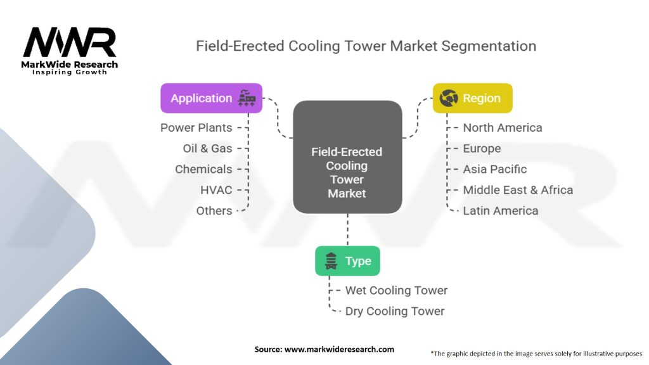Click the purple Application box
tap(212, 98)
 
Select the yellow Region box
tap(473, 98)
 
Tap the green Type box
tap(348, 260)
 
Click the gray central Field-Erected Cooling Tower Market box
tap(348, 157)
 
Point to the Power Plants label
tap(196, 128)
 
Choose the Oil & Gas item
tap(208, 148)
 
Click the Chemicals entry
tap(203, 169)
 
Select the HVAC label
tap(217, 190)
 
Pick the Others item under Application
tap(214, 210)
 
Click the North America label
tap(503, 128)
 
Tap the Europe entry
tap(482, 148)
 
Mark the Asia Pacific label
tap(494, 169)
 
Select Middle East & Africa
tap(518, 190)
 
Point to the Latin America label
tap(501, 210)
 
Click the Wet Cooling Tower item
tap(397, 290)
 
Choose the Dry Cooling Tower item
tap(395, 311)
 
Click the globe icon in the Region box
tap(449, 98)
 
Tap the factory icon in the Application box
tap(247, 98)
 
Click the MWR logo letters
tap(70, 42)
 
